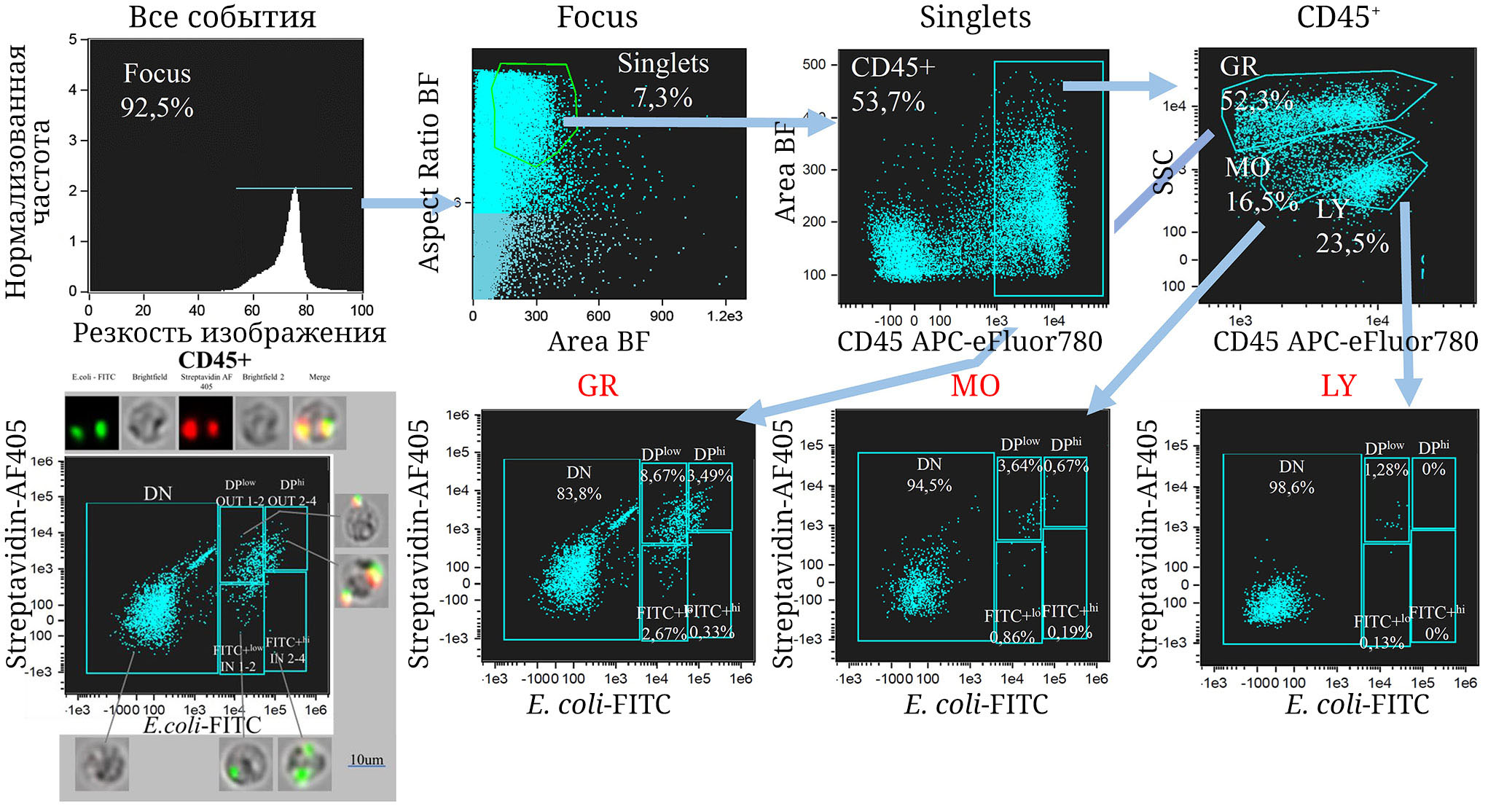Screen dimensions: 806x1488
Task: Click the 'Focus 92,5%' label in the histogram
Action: [157, 90]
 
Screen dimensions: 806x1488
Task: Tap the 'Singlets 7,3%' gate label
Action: [663, 80]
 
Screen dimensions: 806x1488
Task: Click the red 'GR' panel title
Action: [598, 386]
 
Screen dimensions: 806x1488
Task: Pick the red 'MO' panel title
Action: [975, 386]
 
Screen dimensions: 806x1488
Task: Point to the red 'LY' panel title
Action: [1339, 386]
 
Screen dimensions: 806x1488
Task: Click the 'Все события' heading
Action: [222, 17]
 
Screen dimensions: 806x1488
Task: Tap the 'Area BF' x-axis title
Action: [598, 341]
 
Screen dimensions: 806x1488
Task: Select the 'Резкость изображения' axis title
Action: [230, 332]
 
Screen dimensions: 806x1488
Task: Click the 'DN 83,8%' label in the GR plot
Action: [579, 483]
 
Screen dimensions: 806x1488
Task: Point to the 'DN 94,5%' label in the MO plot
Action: [929, 474]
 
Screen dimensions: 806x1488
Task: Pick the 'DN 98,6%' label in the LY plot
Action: [1291, 477]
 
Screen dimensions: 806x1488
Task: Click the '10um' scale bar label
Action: [367, 759]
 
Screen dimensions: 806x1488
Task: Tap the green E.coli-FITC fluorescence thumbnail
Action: [91, 423]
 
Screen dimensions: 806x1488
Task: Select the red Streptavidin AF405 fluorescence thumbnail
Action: [205, 423]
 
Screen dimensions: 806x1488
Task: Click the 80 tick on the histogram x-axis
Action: [306, 310]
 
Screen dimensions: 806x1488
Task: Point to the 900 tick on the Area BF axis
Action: [662, 316]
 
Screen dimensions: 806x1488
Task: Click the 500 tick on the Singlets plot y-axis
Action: [814, 64]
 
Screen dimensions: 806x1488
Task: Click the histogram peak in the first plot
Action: [295, 192]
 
